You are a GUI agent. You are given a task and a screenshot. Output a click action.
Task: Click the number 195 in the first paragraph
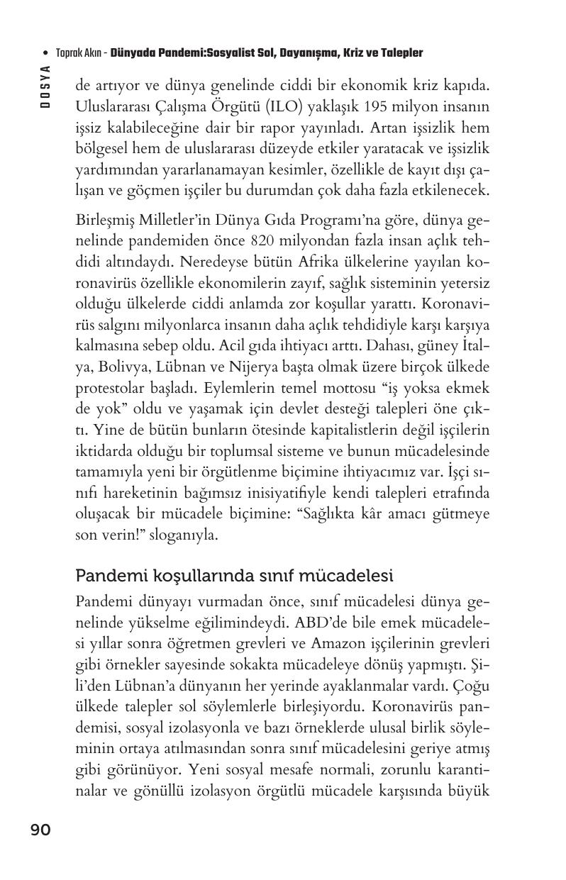tap(364, 108)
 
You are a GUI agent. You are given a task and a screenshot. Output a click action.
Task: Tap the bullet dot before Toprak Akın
tap(46, 53)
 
